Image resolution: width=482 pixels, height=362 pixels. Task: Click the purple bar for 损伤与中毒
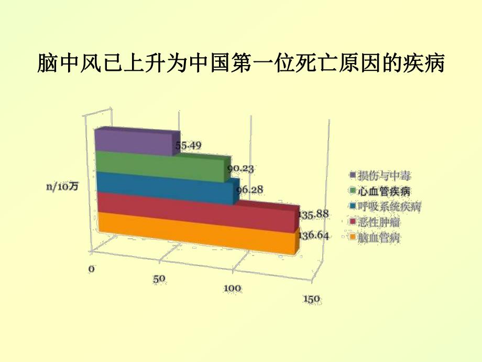point(134,142)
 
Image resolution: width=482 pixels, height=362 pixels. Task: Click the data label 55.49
point(188,145)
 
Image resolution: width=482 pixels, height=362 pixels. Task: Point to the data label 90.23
point(240,168)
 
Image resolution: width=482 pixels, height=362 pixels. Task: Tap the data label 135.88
point(313,214)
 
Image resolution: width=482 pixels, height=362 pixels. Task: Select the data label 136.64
point(314,236)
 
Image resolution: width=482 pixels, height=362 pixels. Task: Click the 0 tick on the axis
point(91,269)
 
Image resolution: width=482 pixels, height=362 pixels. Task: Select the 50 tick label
point(159,278)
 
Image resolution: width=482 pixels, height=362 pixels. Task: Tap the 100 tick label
point(232,288)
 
